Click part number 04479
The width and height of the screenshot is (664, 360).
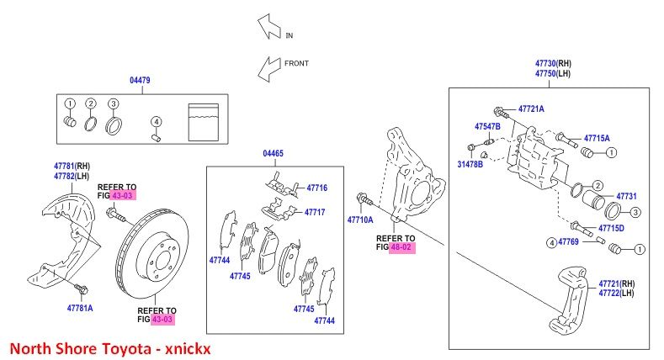tap(140, 80)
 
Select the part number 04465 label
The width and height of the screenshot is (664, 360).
tap(274, 153)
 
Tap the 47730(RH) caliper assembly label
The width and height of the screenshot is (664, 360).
tap(553, 63)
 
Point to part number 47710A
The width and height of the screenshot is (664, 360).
tap(360, 220)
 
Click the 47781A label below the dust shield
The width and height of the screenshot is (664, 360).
tap(80, 308)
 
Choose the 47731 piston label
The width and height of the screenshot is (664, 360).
tap(626, 196)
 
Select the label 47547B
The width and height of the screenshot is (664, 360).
tap(487, 126)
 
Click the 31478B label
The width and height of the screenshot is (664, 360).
tap(470, 164)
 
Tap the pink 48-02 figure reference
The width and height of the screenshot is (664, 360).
tap(402, 247)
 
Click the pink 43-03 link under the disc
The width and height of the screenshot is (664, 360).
tap(162, 320)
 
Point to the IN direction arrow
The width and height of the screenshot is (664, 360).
tap(269, 27)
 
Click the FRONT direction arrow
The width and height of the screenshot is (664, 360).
tap(269, 69)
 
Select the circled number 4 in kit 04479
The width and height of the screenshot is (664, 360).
tap(157, 122)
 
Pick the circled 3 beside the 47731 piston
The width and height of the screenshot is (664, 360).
tap(635, 212)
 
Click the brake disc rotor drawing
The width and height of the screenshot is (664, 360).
tap(152, 253)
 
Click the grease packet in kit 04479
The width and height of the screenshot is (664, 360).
tap(204, 122)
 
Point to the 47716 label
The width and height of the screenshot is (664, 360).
tap(317, 188)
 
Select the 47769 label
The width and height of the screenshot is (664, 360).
tap(568, 241)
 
